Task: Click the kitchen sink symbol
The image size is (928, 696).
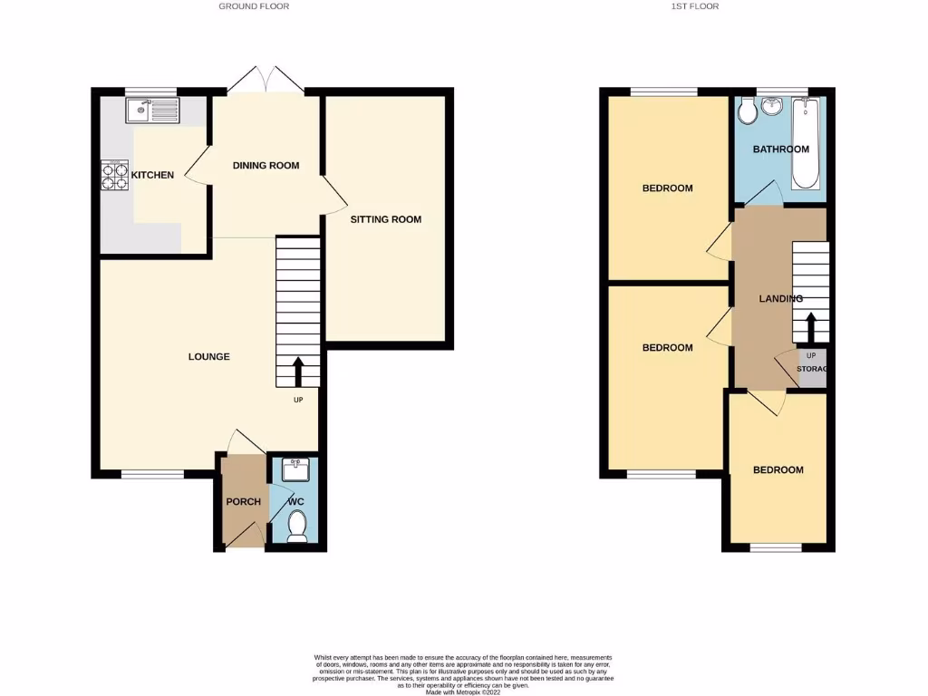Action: [x=153, y=111]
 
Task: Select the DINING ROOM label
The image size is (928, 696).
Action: [x=266, y=166]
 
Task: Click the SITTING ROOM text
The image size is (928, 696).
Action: [x=387, y=219]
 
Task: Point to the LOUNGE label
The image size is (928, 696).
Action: [x=209, y=356]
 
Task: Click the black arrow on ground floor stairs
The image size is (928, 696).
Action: [x=298, y=372]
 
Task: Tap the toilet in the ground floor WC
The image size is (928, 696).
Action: [x=296, y=527]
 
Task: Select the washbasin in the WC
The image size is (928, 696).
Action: [x=296, y=469]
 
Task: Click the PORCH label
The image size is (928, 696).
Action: [x=243, y=502]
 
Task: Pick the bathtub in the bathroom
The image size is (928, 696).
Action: [x=806, y=143]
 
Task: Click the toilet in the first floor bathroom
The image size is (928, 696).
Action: [x=749, y=111]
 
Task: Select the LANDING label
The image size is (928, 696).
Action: [x=780, y=298]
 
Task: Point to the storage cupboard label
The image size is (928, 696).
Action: [x=811, y=369]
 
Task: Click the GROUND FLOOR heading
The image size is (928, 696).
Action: [x=254, y=6]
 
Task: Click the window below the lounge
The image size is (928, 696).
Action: [x=152, y=474]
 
